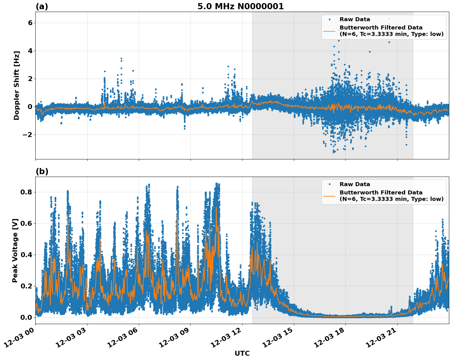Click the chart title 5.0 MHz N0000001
pos(240,6)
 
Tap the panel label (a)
pos(42,6)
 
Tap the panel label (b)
pos(42,171)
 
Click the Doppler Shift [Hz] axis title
pos(17,85)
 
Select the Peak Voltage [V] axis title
pos(15,250)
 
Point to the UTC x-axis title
pos(242,353)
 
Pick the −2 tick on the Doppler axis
pos(28,135)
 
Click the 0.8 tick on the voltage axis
pos(26,192)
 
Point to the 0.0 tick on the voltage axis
pos(26,317)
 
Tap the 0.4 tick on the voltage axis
pos(26,255)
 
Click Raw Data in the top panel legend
pos(355,19)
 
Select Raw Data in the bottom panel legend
pos(355,184)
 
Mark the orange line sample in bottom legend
pos(329,196)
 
